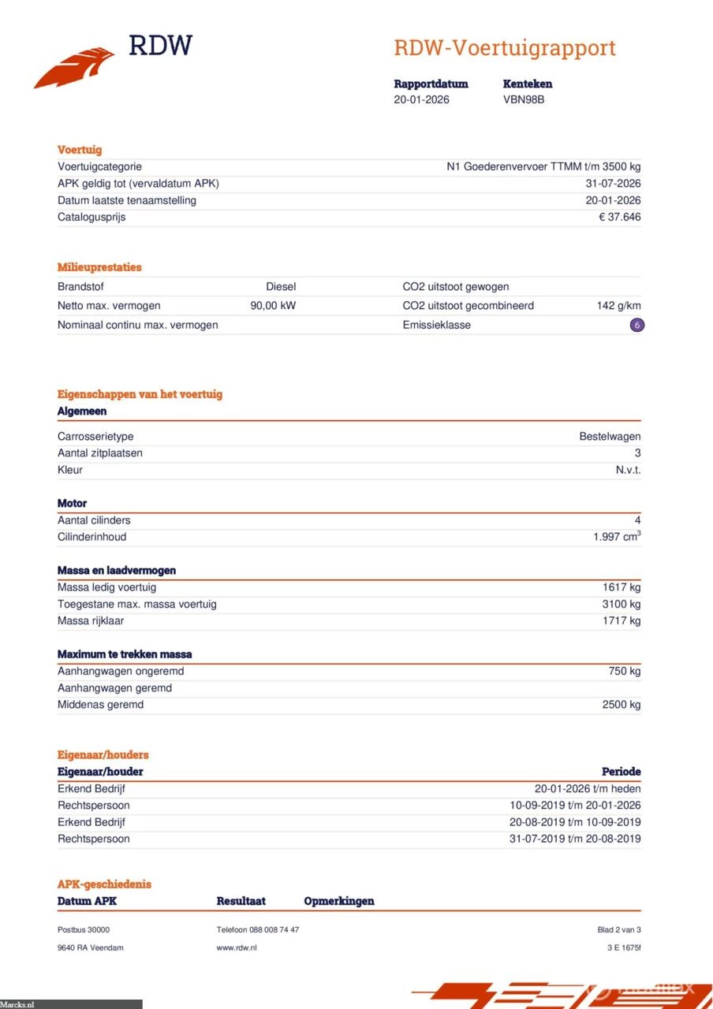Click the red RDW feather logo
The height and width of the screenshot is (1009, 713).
point(74,67)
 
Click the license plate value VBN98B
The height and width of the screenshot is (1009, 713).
point(524,100)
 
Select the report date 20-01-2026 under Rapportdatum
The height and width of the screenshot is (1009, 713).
point(422,100)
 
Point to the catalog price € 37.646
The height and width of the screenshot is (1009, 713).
point(619,217)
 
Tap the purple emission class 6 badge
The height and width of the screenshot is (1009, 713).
point(637,325)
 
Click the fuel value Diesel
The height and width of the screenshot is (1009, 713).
point(281,287)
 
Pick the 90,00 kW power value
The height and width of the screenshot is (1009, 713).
point(273,306)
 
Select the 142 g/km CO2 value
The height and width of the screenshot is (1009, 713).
point(618,306)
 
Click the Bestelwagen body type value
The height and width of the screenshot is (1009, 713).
point(610,436)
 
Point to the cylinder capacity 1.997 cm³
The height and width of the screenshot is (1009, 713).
point(617,537)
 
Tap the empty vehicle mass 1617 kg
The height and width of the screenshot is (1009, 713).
point(622,587)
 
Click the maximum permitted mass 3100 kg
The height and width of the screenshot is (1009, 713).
point(622,604)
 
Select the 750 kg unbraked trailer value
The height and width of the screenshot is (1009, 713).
point(625,671)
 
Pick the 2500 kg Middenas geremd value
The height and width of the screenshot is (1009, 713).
point(622,704)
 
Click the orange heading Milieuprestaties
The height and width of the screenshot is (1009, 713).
point(99,267)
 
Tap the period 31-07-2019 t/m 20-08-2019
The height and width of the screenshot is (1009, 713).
point(575,839)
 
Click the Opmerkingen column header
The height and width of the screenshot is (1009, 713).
point(339,901)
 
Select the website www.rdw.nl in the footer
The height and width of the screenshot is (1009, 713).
point(237,948)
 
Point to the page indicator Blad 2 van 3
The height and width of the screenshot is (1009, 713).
point(619,930)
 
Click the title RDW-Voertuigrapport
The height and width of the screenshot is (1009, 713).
point(505,48)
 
